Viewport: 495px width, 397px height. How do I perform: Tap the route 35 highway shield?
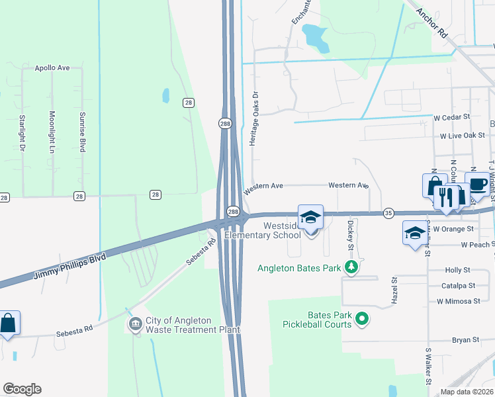pos(388,212)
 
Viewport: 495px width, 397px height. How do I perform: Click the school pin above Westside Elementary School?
pos(310,218)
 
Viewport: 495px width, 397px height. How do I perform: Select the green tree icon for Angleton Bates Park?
pos(353,267)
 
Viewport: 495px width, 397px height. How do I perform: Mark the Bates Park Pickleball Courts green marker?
pos(361,320)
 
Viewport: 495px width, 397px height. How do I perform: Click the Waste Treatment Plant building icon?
pos(136,324)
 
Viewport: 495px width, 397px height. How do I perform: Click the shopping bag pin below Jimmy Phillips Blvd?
pos(7,324)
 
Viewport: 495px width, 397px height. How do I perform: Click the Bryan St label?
pos(465,340)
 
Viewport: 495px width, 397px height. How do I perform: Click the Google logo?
pos(22,389)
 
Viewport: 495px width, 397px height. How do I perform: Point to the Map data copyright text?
pos(467,392)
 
